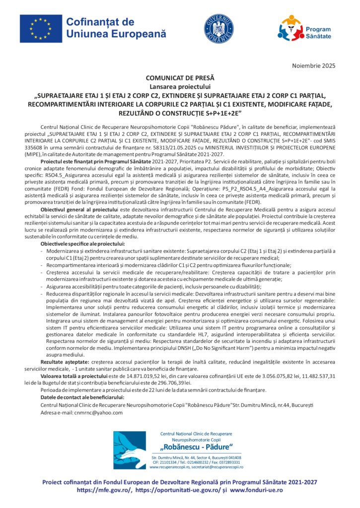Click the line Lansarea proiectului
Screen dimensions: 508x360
(x=180, y=85)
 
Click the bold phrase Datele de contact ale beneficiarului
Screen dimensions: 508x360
(x=82, y=397)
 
